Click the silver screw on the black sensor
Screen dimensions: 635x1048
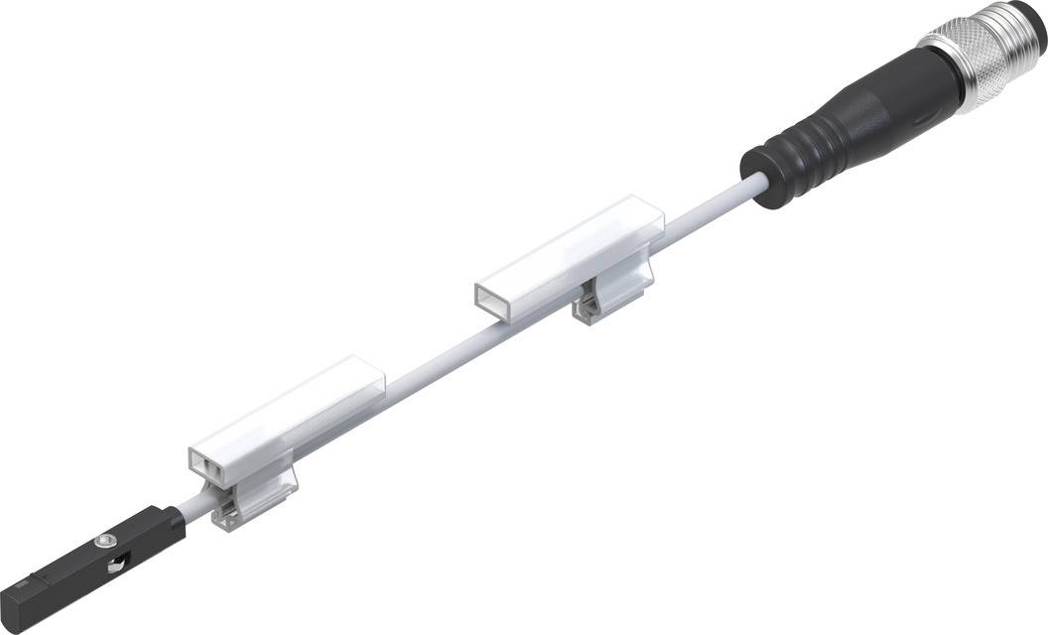102,541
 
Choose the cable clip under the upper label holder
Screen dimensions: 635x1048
599,302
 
